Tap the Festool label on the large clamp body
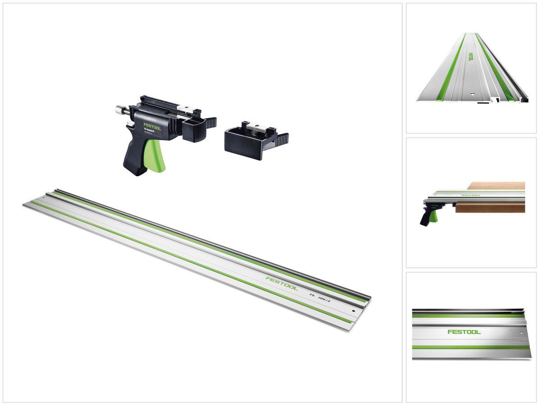click(152, 126)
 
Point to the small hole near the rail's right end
click(354, 311)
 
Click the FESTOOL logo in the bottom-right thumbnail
click(464, 332)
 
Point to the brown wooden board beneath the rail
click(491, 207)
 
